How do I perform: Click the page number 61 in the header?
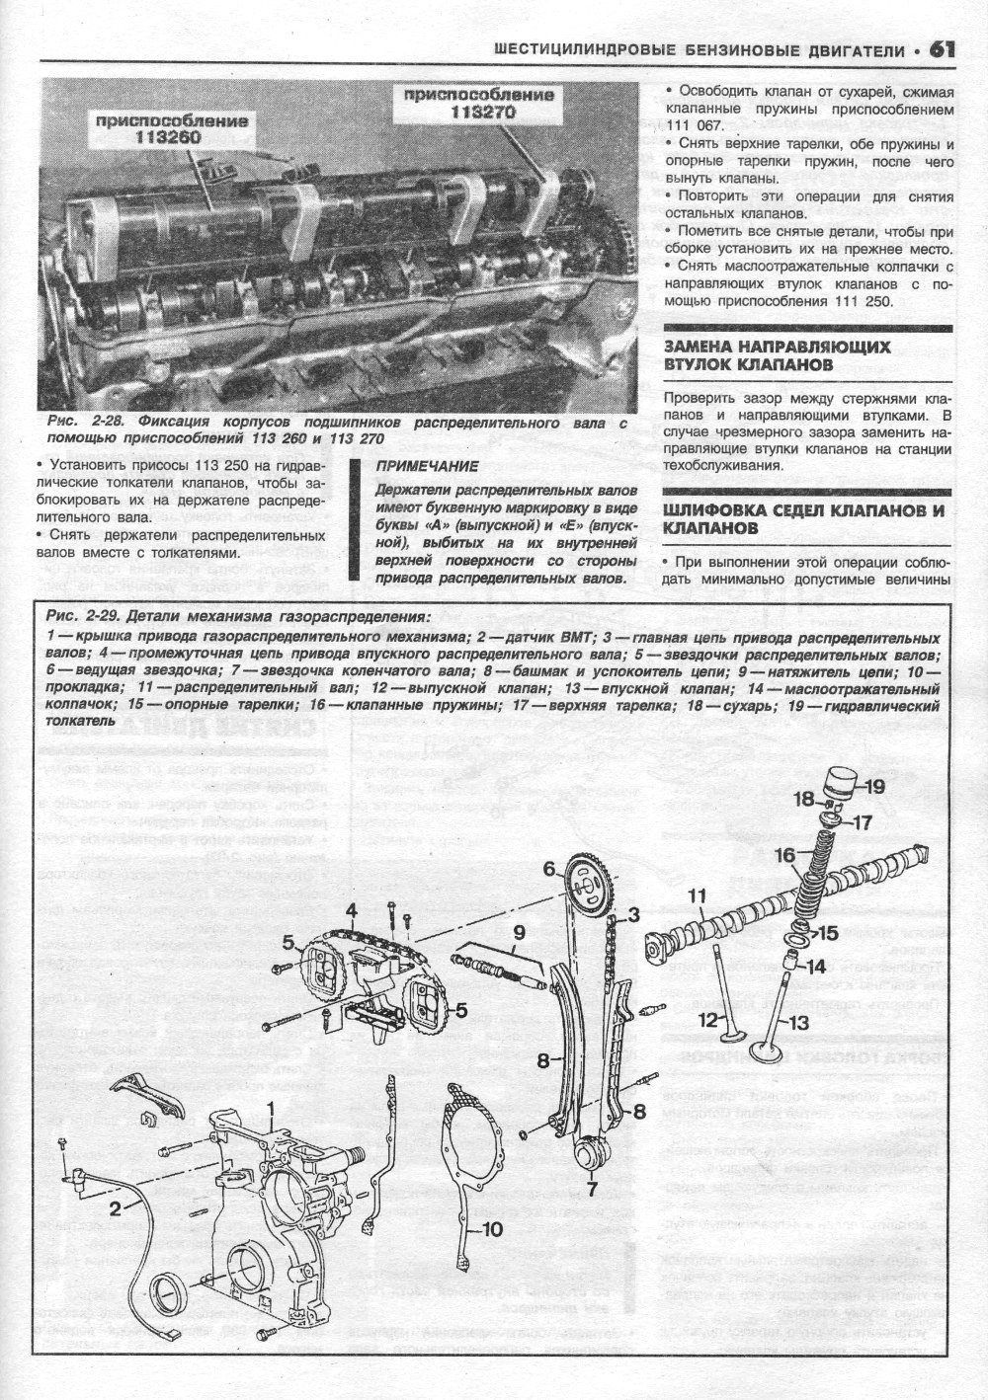[944, 49]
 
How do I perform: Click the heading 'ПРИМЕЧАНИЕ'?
[427, 466]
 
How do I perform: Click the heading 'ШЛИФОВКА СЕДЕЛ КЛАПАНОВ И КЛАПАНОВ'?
[804, 519]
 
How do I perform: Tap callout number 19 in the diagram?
[873, 787]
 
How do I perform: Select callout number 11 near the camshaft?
[698, 896]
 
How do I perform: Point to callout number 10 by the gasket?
[491, 1230]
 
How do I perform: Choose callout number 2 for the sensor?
[116, 1206]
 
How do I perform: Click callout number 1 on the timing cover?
[269, 1111]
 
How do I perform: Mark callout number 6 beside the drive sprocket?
[550, 869]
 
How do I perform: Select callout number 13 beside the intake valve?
[798, 1024]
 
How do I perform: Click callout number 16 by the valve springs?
[784, 855]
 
